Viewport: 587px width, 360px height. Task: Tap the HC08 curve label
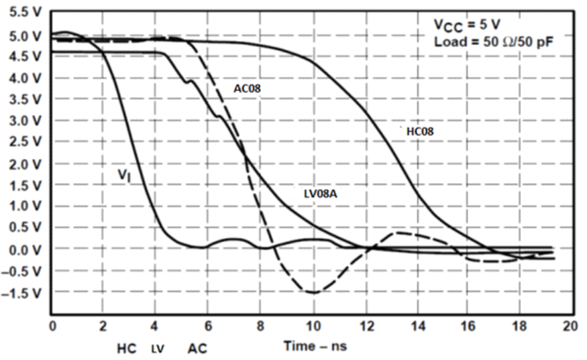click(x=420, y=131)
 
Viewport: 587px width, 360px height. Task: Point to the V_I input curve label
click(x=123, y=176)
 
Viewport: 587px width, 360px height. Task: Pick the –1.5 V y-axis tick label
click(x=24, y=293)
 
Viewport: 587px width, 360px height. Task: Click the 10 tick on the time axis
click(x=313, y=326)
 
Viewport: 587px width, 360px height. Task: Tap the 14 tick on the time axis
click(x=416, y=326)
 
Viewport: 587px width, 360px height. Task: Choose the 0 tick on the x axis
click(x=52, y=326)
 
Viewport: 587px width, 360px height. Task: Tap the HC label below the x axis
click(x=127, y=349)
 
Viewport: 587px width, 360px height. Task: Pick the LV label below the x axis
click(x=158, y=349)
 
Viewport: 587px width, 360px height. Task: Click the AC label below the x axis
click(x=197, y=349)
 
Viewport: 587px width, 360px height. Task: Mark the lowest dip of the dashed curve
click(x=313, y=292)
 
